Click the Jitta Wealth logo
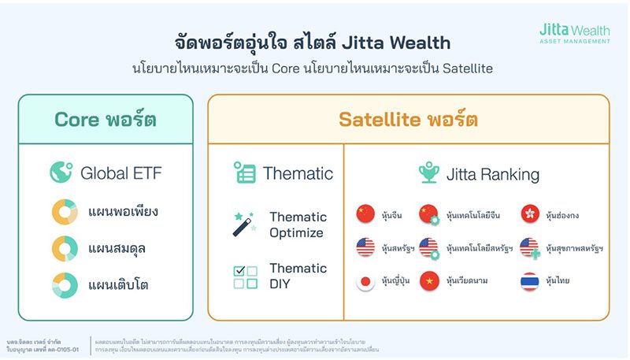(574, 32)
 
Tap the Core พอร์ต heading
(106, 120)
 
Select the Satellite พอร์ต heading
(408, 120)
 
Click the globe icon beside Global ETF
(61, 173)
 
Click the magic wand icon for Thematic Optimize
(243, 224)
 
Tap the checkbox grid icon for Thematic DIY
(245, 276)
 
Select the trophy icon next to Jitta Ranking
(428, 173)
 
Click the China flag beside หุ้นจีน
(365, 214)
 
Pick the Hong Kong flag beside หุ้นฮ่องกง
(530, 214)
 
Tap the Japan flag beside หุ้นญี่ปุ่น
(365, 281)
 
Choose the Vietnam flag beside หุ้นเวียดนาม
(428, 281)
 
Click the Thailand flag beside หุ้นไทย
(530, 281)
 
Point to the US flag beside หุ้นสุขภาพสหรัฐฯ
(530, 247)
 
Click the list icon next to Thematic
(245, 173)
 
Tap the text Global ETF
(121, 173)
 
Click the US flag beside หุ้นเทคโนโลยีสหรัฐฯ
(428, 247)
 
